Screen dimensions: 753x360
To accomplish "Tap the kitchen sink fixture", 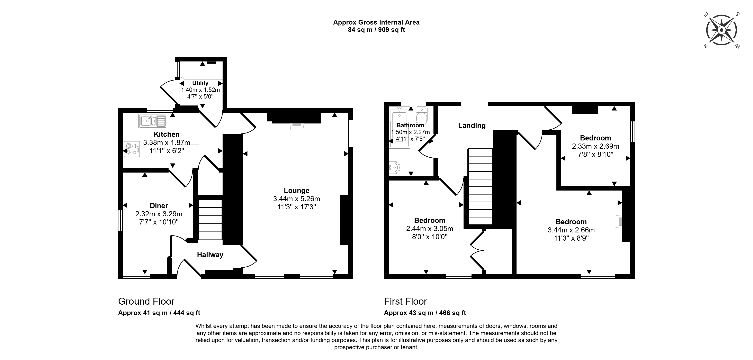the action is tap(153, 121).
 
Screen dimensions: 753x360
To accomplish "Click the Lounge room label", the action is tap(296, 191).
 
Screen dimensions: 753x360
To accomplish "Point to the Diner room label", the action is tap(159, 206).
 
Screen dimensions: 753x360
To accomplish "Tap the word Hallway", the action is tap(210, 255).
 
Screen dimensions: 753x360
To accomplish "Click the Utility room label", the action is tap(200, 83).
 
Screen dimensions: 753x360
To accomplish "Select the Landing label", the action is tap(472, 126).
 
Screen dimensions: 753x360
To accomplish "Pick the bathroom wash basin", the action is tap(394, 168).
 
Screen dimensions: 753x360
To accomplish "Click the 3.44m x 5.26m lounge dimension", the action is tap(296, 199).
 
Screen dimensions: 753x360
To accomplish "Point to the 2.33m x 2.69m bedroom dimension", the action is tap(595, 146).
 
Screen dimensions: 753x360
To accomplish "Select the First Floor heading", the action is tap(405, 301).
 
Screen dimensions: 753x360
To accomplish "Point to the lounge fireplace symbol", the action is tap(297, 126).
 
